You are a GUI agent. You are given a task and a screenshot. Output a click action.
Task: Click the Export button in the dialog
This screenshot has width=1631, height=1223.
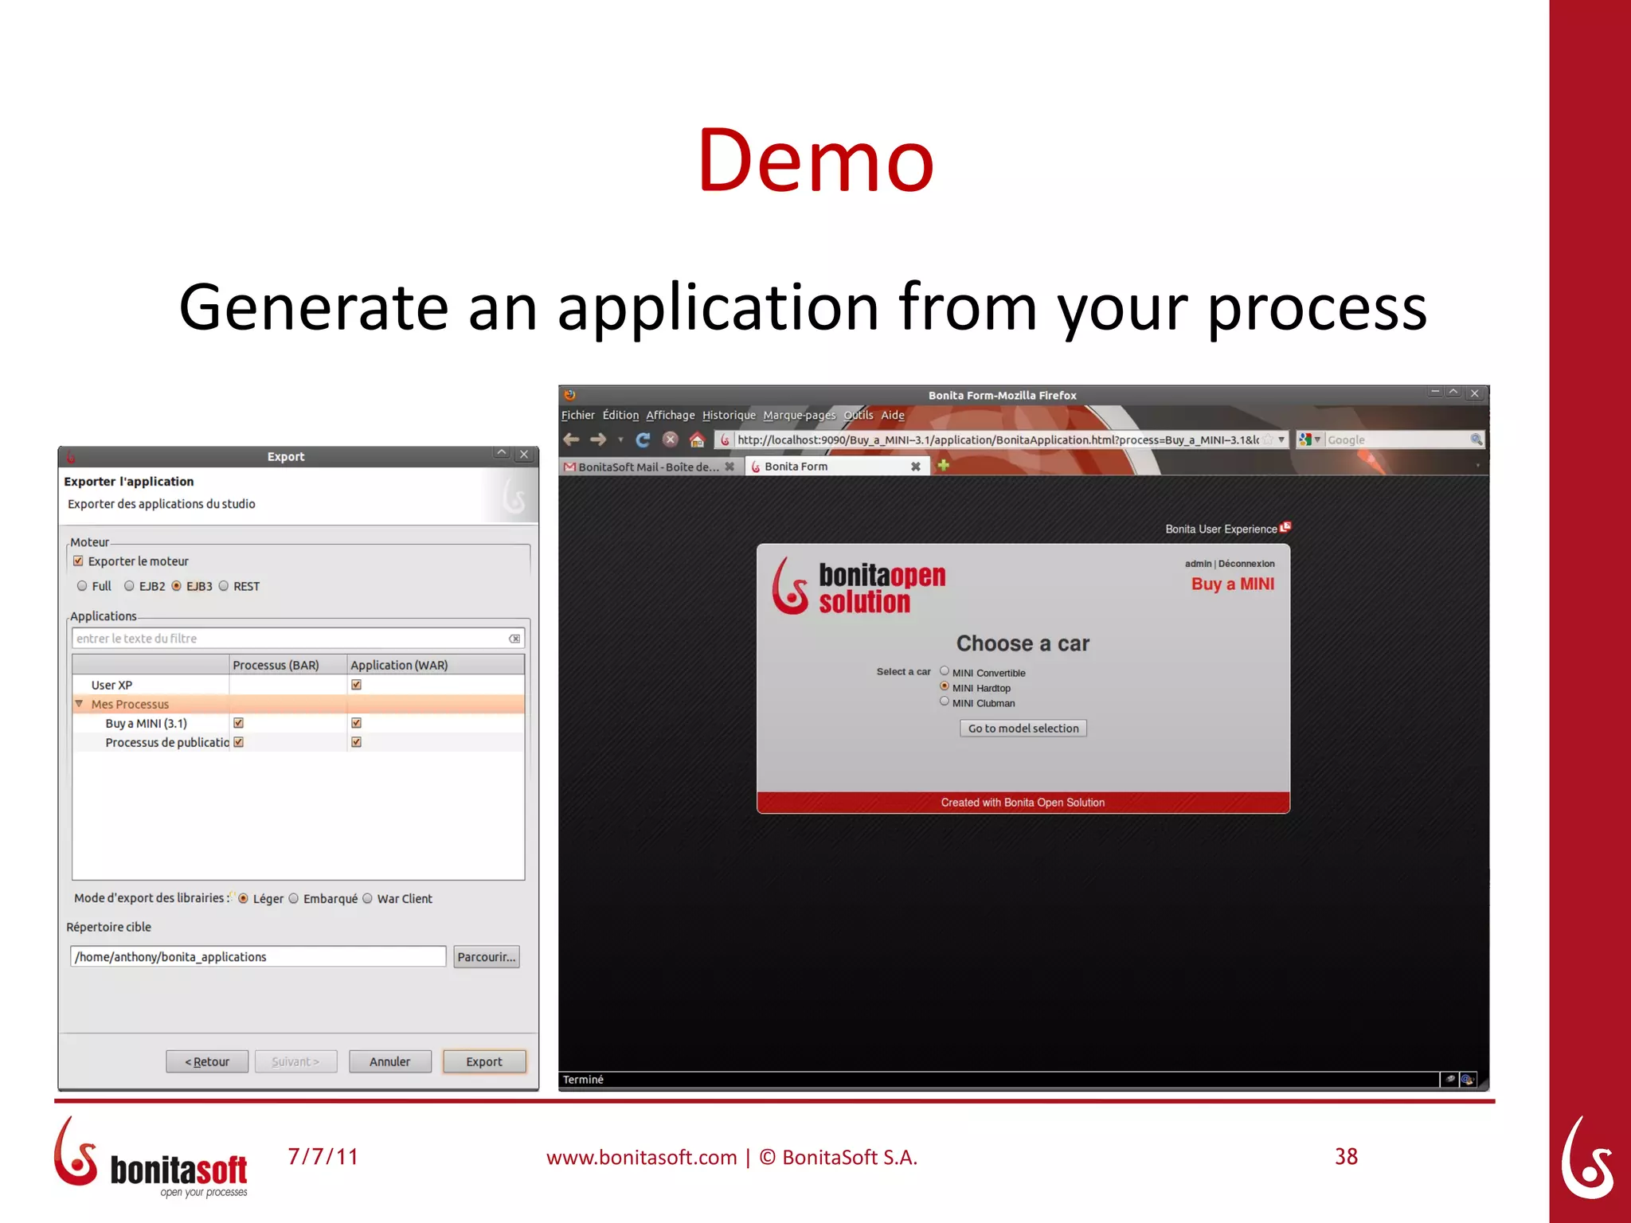[483, 1061]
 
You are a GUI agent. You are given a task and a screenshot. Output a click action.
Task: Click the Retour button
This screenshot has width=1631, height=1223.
[207, 1061]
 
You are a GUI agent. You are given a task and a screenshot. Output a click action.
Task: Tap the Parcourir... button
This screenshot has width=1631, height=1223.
[486, 957]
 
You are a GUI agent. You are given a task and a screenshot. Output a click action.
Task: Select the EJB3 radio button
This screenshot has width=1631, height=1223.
[177, 586]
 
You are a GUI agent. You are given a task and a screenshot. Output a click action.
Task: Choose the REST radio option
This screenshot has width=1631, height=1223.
[224, 586]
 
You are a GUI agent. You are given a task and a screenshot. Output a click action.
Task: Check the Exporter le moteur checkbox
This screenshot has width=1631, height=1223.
[78, 561]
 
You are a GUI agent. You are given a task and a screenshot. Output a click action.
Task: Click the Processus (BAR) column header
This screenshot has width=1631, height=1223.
[276, 665]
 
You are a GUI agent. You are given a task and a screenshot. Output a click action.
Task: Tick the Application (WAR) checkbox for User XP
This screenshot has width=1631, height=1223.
[356, 685]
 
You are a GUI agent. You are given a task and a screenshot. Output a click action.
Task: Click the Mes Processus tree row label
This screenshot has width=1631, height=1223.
[130, 705]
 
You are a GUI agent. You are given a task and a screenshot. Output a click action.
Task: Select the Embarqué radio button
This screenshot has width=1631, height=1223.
[294, 898]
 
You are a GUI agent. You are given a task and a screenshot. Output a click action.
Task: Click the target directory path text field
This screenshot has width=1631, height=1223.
[257, 957]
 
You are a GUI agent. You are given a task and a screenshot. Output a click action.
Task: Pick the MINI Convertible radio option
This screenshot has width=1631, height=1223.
[945, 671]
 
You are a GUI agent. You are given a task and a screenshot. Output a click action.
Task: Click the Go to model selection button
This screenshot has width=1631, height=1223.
[1023, 729]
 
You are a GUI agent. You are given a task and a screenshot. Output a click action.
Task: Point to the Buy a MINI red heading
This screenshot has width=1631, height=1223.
[1232, 584]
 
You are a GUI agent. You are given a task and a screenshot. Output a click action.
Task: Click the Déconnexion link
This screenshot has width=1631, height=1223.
[1246, 564]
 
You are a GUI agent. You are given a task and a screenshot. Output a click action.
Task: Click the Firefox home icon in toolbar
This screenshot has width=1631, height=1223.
[697, 440]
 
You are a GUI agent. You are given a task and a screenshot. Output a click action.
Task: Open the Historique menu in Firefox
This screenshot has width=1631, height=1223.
[729, 416]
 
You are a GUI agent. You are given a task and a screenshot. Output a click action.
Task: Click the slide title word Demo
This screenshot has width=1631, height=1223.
[815, 161]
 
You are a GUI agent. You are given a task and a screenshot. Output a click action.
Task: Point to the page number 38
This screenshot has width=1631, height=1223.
[1346, 1157]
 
